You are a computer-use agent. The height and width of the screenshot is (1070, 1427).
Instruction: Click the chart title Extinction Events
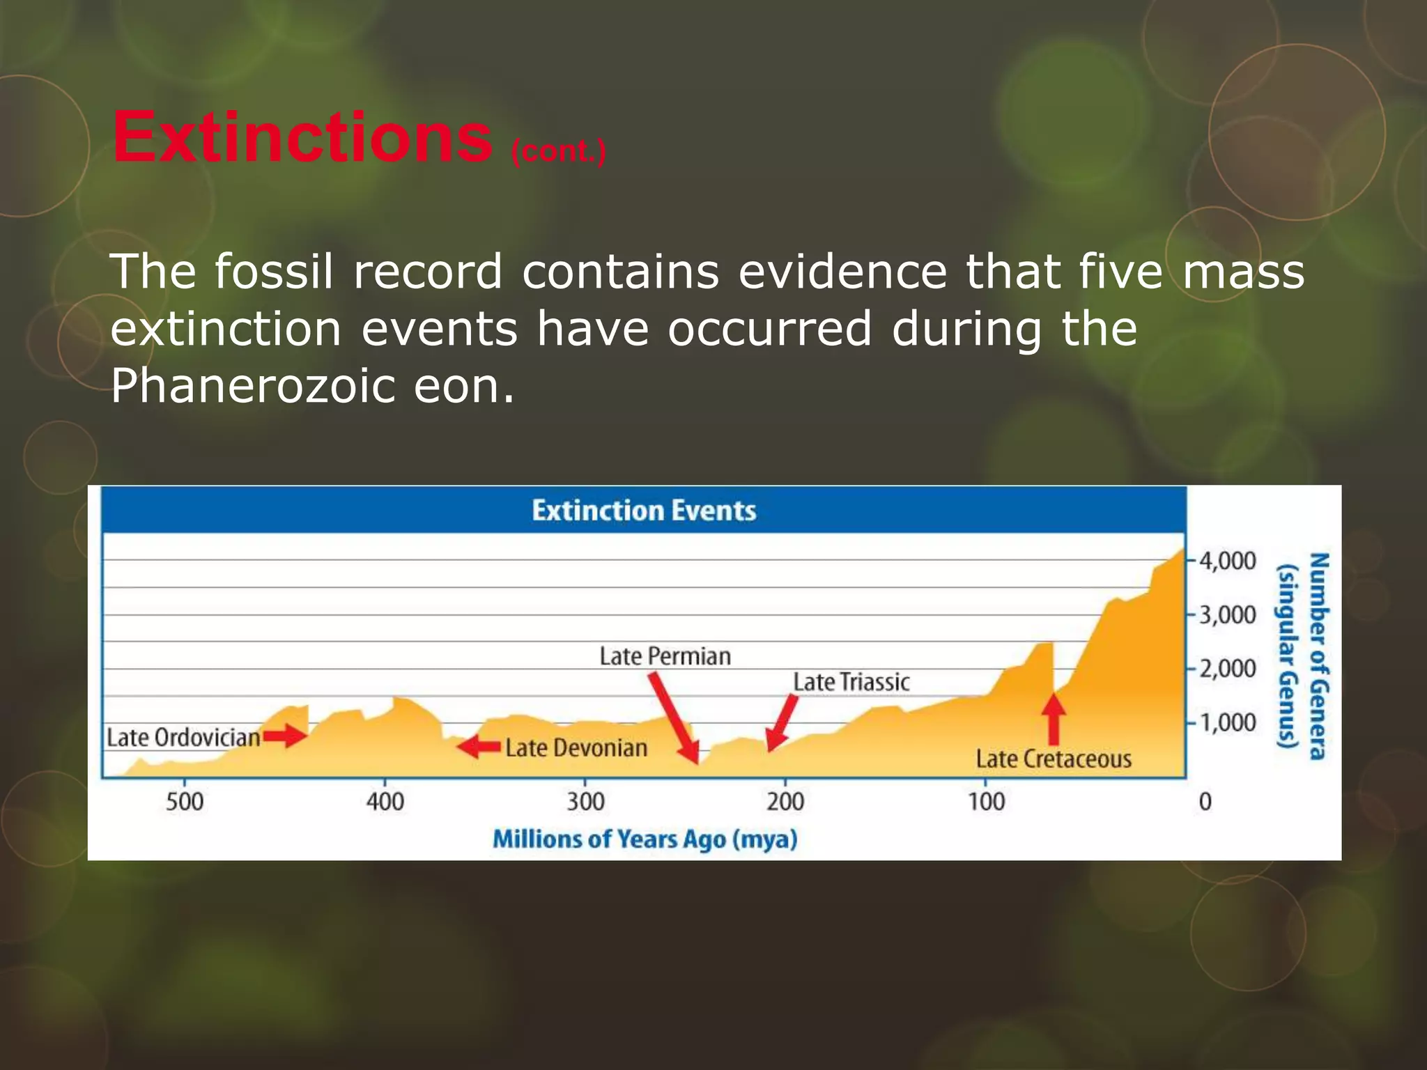coord(644,511)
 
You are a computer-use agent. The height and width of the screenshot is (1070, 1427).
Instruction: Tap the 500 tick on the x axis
coord(185,801)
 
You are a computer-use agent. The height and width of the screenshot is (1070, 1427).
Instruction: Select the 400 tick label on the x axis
coord(385,801)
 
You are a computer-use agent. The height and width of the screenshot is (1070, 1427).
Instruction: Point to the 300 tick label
coord(585,801)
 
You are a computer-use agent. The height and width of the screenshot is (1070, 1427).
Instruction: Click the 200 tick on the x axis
coord(785,801)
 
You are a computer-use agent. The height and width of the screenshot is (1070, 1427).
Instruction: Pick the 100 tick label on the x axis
coord(986,801)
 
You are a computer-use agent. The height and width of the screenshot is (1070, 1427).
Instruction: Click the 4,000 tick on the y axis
coord(1227,561)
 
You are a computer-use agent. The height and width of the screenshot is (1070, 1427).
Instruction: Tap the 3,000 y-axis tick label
coord(1227,615)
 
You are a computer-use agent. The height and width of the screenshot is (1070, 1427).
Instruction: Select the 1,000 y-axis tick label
coord(1227,722)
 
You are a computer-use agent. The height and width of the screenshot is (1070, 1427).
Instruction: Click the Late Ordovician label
coord(183,738)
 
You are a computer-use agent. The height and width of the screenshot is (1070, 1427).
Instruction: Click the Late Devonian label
coord(576,748)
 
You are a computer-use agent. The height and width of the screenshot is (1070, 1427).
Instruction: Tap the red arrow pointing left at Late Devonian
coord(479,747)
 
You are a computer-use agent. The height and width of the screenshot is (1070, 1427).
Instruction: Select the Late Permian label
coord(665,656)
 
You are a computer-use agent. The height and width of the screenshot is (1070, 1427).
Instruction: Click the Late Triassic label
coord(851,682)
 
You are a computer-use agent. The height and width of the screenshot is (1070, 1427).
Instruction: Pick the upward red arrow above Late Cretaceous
coord(1054,719)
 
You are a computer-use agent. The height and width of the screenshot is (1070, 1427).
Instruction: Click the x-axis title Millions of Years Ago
coord(645,839)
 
